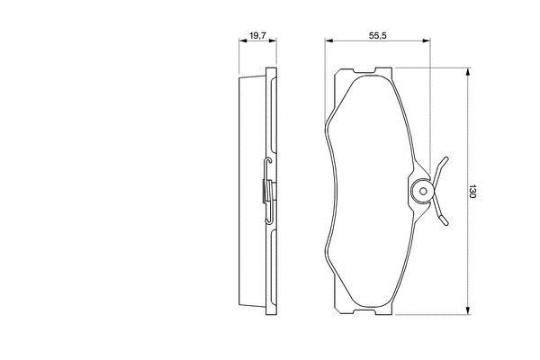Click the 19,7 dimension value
tap(258, 35)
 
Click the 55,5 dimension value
tap(378, 35)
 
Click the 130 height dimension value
tap(472, 192)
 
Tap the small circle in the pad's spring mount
tap(423, 191)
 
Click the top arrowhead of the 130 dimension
tap(468, 72)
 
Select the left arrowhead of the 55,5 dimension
tap(328, 40)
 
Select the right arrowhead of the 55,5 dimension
tap(427, 40)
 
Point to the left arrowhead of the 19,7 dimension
tap(243, 40)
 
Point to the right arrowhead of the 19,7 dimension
tap(273, 40)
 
